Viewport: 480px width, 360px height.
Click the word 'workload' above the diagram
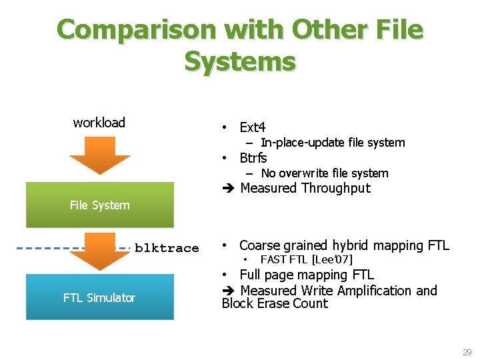click(99, 123)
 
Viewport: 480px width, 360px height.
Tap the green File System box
click(100, 205)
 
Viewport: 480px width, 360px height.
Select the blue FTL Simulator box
click(99, 297)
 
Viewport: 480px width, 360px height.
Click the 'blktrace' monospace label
click(167, 248)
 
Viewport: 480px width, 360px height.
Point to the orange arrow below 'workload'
click(100, 155)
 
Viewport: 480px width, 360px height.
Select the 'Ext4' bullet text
click(253, 127)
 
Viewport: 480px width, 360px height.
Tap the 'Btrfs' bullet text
click(253, 158)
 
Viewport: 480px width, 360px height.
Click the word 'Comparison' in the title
click(136, 30)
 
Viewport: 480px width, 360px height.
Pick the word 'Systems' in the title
click(240, 61)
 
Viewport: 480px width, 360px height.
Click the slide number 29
click(467, 352)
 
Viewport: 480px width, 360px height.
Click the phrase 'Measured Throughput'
click(305, 188)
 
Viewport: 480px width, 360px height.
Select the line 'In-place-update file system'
click(333, 143)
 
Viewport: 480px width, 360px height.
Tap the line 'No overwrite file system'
click(325, 173)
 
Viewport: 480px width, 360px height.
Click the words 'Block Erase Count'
click(275, 304)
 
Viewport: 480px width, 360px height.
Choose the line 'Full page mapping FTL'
click(307, 275)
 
